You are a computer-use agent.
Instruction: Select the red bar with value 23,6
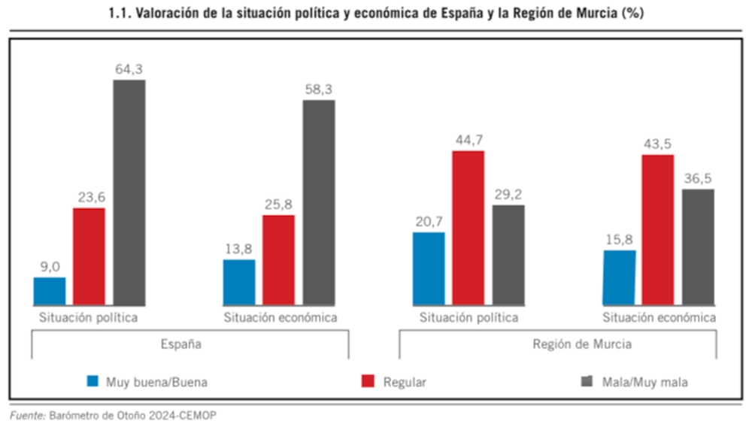[89, 256]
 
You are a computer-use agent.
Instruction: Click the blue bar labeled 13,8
[239, 282]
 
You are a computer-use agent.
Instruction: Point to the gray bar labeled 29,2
[508, 255]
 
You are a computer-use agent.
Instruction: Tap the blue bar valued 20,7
[429, 268]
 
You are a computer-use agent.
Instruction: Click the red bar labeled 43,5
[658, 229]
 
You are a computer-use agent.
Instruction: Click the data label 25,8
[278, 204]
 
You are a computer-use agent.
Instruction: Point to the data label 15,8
[618, 240]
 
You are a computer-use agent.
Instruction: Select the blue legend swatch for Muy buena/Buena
[92, 381]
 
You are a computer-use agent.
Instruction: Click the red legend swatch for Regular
[369, 381]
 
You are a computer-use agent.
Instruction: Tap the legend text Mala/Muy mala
[644, 382]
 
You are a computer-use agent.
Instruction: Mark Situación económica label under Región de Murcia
[659, 317]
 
